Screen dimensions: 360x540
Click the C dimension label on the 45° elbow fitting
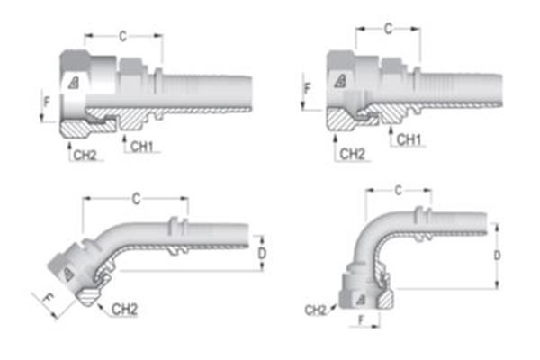[x=135, y=198]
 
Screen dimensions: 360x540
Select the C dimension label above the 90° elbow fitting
[x=397, y=191]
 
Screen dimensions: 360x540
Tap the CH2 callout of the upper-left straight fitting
[x=85, y=155]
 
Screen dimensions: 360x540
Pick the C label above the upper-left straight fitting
[x=122, y=36]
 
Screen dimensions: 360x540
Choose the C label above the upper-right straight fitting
[x=388, y=30]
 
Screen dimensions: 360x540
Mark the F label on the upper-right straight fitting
[x=307, y=90]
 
